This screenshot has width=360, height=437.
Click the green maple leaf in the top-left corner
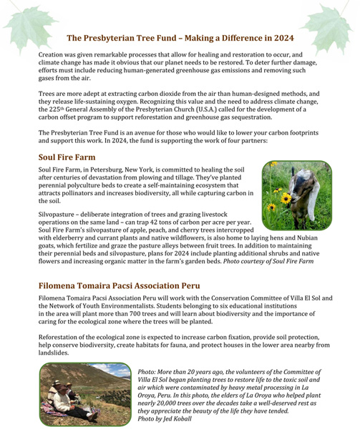click(20, 21)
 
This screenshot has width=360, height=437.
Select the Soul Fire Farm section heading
click(67, 157)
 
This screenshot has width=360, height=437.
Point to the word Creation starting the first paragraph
click(52, 55)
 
